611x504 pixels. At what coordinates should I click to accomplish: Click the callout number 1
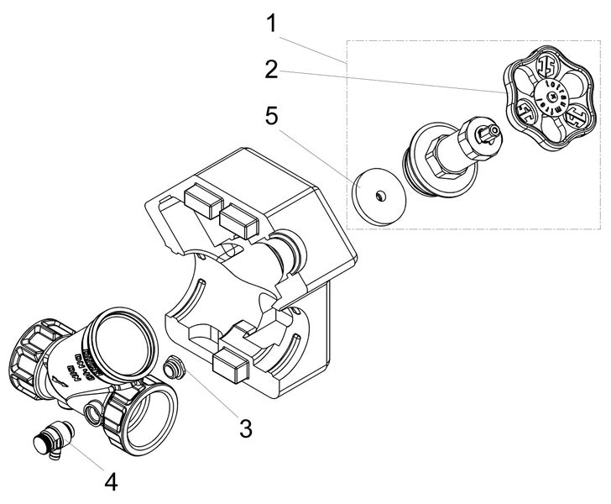click(271, 23)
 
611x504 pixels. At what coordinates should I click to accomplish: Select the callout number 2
click(270, 70)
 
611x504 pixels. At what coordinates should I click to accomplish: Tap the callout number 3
click(244, 427)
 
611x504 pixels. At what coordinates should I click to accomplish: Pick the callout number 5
click(271, 116)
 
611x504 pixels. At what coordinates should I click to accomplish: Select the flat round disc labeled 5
click(379, 196)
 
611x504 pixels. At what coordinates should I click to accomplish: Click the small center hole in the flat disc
click(379, 196)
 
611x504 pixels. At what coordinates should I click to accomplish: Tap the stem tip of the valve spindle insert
click(493, 131)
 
